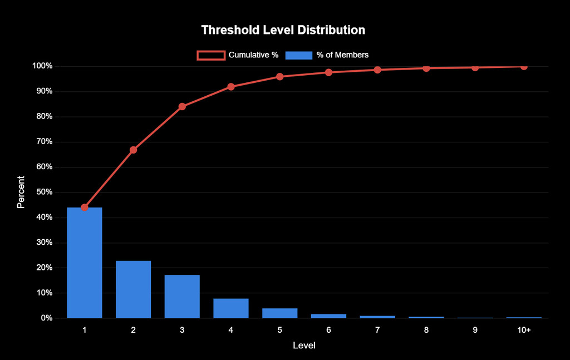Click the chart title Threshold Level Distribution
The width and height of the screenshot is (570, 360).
283,29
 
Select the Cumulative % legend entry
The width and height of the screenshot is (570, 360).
237,55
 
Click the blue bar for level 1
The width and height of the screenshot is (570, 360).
85,263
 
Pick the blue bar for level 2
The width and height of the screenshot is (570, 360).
133,289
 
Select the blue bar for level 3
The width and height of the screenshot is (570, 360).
182,297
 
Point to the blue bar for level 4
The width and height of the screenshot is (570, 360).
231,308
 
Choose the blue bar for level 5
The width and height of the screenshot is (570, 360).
280,313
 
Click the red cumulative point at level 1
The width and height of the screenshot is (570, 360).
85,208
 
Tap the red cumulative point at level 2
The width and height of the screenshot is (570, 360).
133,150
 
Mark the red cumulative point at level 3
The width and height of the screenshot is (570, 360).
182,106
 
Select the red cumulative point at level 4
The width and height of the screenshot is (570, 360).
231,87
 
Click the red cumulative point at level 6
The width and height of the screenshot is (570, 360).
328,72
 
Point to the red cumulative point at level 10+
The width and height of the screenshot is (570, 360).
524,66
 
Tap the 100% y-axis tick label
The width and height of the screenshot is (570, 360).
42,66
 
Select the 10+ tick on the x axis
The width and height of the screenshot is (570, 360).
524,330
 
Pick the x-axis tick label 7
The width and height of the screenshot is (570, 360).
377,330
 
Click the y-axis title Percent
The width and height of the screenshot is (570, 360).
21,192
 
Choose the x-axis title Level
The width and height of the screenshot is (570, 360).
304,346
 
